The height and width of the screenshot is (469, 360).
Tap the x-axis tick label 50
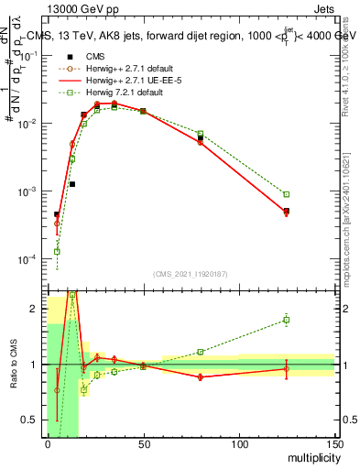click(x=143, y=446)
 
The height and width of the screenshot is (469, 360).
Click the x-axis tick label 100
click(x=238, y=446)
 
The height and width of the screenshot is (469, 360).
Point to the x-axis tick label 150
click(x=333, y=446)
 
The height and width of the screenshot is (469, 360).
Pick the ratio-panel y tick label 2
click(x=34, y=309)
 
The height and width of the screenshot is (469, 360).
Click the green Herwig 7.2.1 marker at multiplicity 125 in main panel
click(x=287, y=194)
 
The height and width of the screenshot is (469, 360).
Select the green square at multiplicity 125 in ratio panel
click(x=287, y=320)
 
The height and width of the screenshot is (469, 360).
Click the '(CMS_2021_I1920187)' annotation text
click(x=190, y=274)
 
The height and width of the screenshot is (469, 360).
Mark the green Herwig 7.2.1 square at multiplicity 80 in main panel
click(x=201, y=134)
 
